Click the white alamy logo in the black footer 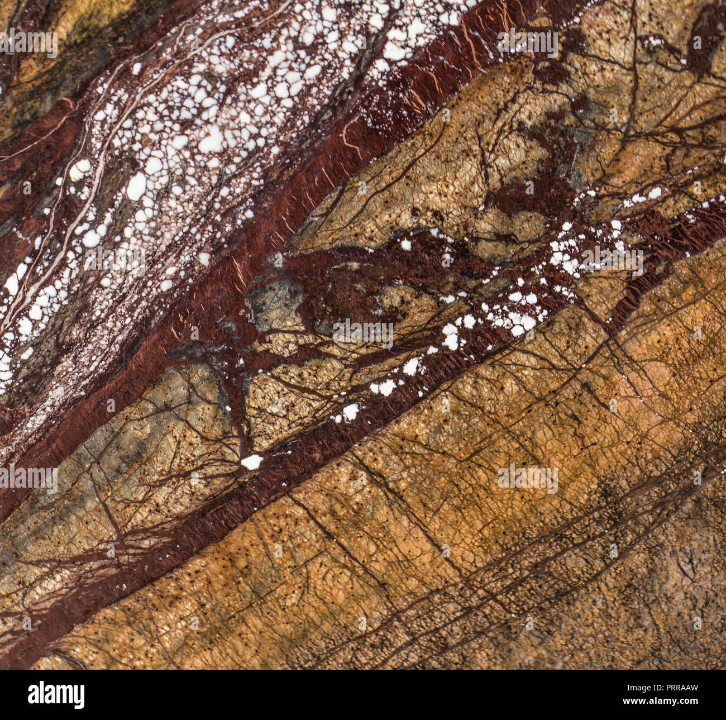56,695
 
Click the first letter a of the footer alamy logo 33,695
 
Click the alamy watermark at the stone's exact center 363,333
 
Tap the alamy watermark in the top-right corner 527,43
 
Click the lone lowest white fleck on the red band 252,461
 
